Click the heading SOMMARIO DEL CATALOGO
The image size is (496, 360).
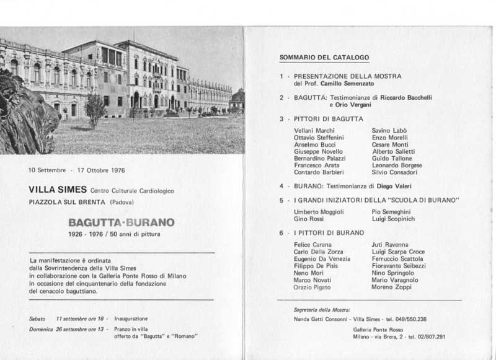(x=324, y=58)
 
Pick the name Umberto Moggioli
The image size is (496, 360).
(x=319, y=212)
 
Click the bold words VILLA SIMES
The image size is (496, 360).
(x=57, y=189)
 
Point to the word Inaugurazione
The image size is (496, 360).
(x=131, y=318)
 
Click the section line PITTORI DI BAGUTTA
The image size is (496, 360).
(x=329, y=118)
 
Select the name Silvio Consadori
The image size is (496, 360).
(x=394, y=172)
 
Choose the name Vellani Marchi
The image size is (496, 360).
(x=314, y=131)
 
